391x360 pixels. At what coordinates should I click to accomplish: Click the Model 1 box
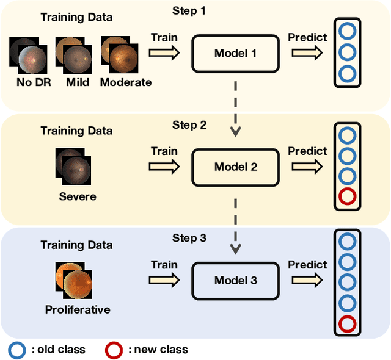click(235, 53)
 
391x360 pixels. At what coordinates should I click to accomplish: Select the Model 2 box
click(235, 167)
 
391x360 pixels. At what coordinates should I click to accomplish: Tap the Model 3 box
click(235, 281)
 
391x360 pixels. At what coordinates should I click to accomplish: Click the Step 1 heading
click(190, 11)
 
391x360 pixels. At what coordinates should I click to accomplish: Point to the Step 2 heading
click(189, 125)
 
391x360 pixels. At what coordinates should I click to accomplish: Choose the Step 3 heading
click(189, 239)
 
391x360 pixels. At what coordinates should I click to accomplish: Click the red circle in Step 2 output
click(347, 197)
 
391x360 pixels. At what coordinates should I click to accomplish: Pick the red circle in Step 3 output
click(347, 323)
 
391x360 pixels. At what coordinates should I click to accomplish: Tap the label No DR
click(25, 82)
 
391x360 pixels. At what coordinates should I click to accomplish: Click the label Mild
click(78, 82)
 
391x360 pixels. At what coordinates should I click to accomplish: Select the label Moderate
click(126, 82)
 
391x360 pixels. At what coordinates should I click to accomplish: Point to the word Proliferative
click(78, 309)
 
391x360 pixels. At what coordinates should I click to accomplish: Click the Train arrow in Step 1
click(164, 53)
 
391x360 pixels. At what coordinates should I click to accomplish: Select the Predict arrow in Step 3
click(307, 281)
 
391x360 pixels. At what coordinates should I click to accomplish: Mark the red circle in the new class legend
click(114, 350)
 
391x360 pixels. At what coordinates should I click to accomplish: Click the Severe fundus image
click(73, 165)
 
